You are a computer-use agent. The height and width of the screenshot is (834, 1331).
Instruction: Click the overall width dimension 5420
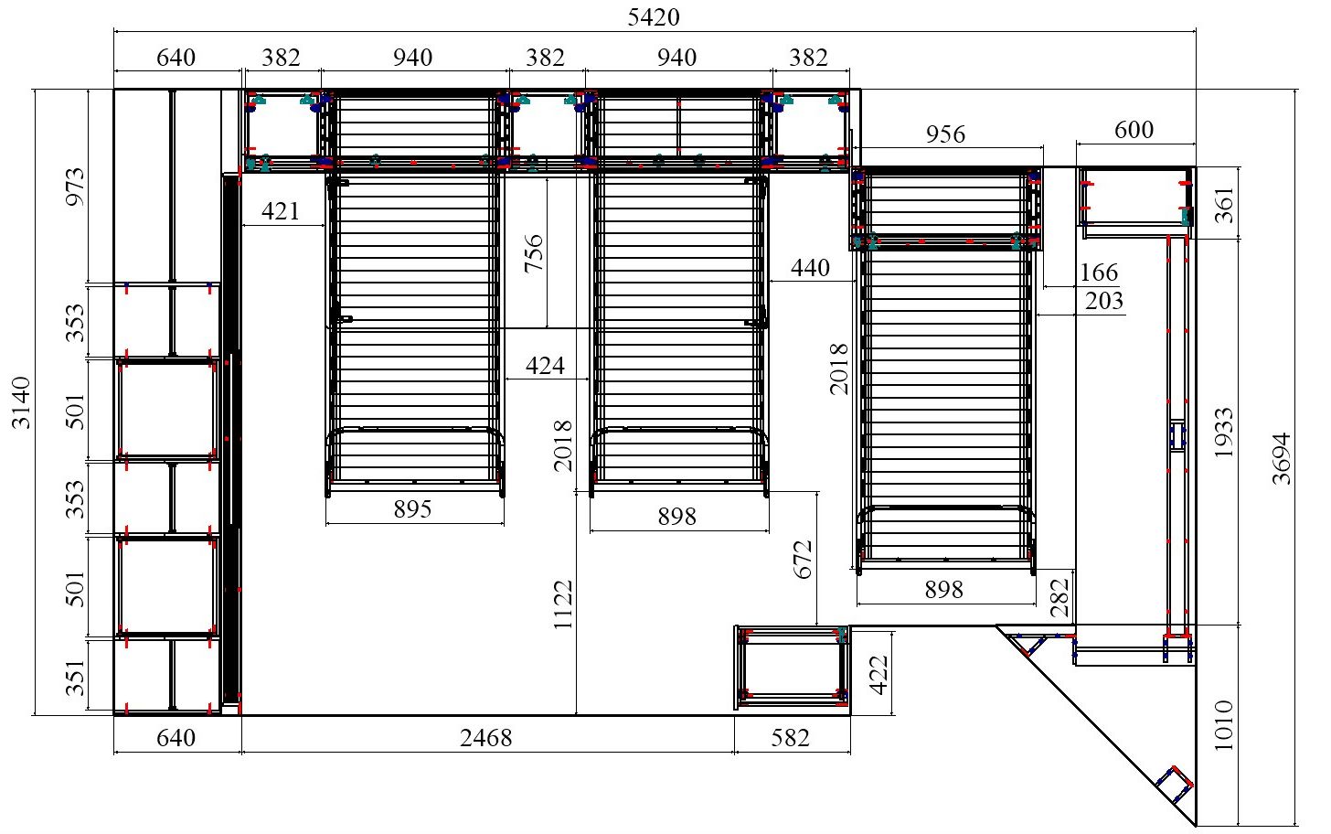[654, 17]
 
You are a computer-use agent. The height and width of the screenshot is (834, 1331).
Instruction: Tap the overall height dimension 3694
[1283, 459]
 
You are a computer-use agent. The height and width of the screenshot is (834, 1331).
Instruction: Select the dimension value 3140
[21, 403]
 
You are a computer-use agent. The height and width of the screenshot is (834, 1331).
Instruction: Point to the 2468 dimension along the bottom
[486, 738]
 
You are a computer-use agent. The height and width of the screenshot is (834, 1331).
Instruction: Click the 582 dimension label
[790, 738]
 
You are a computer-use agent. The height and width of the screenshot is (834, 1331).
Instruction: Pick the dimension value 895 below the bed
[412, 508]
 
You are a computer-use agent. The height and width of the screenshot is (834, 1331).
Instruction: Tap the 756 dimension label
[534, 253]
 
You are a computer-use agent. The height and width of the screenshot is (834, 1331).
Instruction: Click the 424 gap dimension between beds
[545, 365]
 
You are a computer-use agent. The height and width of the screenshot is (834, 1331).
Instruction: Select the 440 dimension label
[810, 268]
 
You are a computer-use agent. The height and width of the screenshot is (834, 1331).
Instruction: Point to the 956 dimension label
[945, 134]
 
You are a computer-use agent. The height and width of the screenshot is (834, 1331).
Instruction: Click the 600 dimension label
[1134, 130]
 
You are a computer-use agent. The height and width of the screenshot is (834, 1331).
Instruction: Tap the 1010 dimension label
[1223, 725]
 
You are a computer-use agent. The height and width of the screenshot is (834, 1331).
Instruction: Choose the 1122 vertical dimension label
[563, 604]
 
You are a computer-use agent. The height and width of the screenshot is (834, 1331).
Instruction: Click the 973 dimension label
[76, 187]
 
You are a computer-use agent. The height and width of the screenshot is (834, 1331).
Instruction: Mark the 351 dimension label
[76, 678]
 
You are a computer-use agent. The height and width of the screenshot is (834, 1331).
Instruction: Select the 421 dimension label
[281, 211]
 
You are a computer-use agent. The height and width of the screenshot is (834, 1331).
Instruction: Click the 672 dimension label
[803, 560]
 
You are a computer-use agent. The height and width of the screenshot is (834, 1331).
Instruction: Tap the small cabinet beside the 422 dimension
[792, 667]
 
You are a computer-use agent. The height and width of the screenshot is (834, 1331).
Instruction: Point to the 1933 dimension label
[1223, 433]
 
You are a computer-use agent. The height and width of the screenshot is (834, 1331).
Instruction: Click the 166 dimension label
[1099, 273]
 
